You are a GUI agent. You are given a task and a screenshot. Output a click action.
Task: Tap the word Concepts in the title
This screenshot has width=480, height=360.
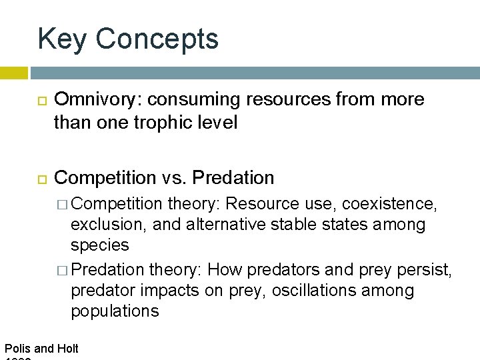[157, 39]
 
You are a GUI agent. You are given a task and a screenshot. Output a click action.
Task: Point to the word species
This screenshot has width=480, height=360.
[100, 245]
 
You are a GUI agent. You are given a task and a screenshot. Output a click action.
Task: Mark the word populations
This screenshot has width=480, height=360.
[115, 311]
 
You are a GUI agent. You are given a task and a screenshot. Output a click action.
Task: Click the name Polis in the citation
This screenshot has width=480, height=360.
[17, 348]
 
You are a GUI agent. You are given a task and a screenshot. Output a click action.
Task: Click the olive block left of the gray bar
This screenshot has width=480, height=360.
[13, 72]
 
